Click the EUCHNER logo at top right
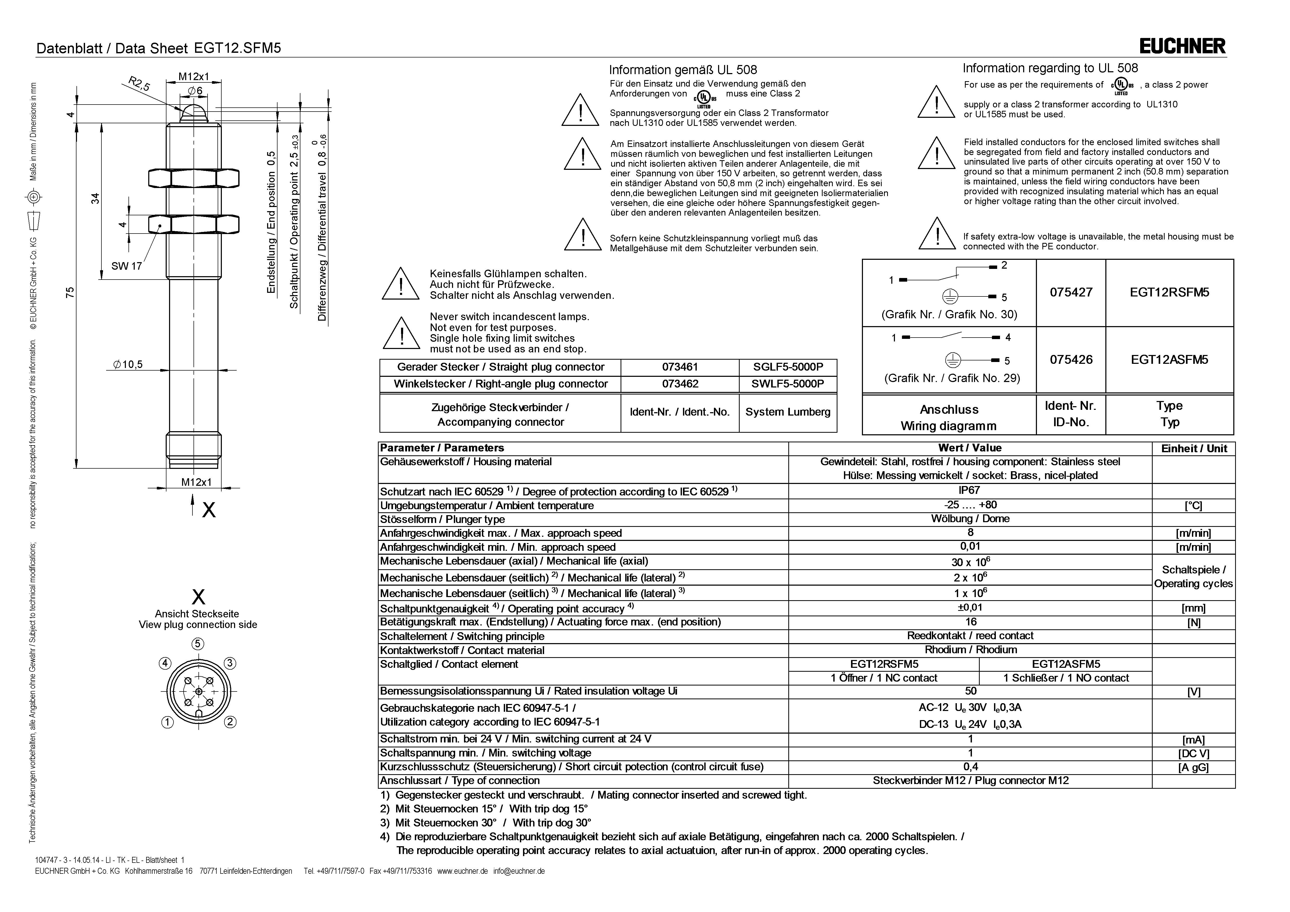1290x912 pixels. (1183, 46)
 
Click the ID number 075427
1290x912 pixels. (1071, 292)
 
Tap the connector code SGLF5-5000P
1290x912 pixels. (788, 367)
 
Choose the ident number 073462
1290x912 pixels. (680, 384)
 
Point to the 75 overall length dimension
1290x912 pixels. (70, 292)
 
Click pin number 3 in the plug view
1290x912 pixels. (230, 663)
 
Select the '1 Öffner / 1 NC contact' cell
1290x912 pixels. (884, 678)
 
